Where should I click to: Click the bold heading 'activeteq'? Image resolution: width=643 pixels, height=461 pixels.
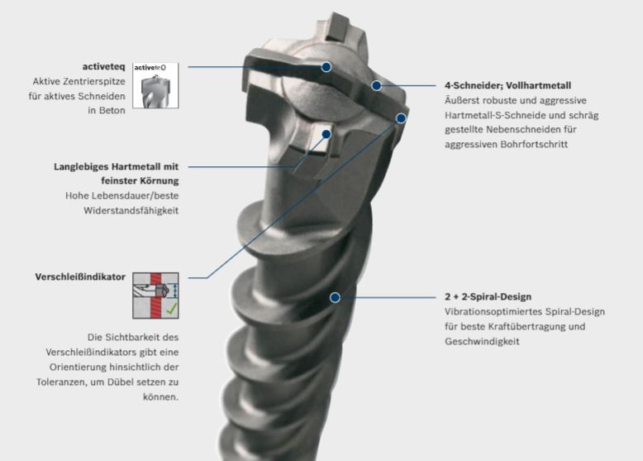pyautogui.click(x=104, y=67)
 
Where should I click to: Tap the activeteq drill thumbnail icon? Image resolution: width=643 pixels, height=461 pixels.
pyautogui.click(x=155, y=85)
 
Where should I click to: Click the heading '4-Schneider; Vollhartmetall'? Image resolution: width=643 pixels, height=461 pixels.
pyautogui.click(x=507, y=85)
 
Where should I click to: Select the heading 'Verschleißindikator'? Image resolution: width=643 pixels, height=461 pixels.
pyautogui.click(x=80, y=276)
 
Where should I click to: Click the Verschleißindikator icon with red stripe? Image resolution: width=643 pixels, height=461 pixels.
pyautogui.click(x=155, y=295)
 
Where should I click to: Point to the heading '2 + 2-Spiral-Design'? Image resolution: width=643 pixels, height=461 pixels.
pyautogui.click(x=488, y=296)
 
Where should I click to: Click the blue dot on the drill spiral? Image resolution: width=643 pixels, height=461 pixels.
pyautogui.click(x=335, y=297)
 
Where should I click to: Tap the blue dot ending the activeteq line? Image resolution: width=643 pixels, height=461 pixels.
pyautogui.click(x=326, y=67)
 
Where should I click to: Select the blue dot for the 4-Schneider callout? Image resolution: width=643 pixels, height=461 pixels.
pyautogui.click(x=376, y=85)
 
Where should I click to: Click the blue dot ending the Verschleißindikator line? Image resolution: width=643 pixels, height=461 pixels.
pyautogui.click(x=401, y=118)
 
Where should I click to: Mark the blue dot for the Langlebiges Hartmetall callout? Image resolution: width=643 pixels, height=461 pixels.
pyautogui.click(x=326, y=134)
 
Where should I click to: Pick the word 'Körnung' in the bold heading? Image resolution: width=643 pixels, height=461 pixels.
pyautogui.click(x=160, y=180)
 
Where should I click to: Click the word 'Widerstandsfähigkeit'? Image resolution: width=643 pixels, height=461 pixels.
pyautogui.click(x=131, y=210)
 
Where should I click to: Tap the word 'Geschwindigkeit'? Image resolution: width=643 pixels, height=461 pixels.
pyautogui.click(x=483, y=342)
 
